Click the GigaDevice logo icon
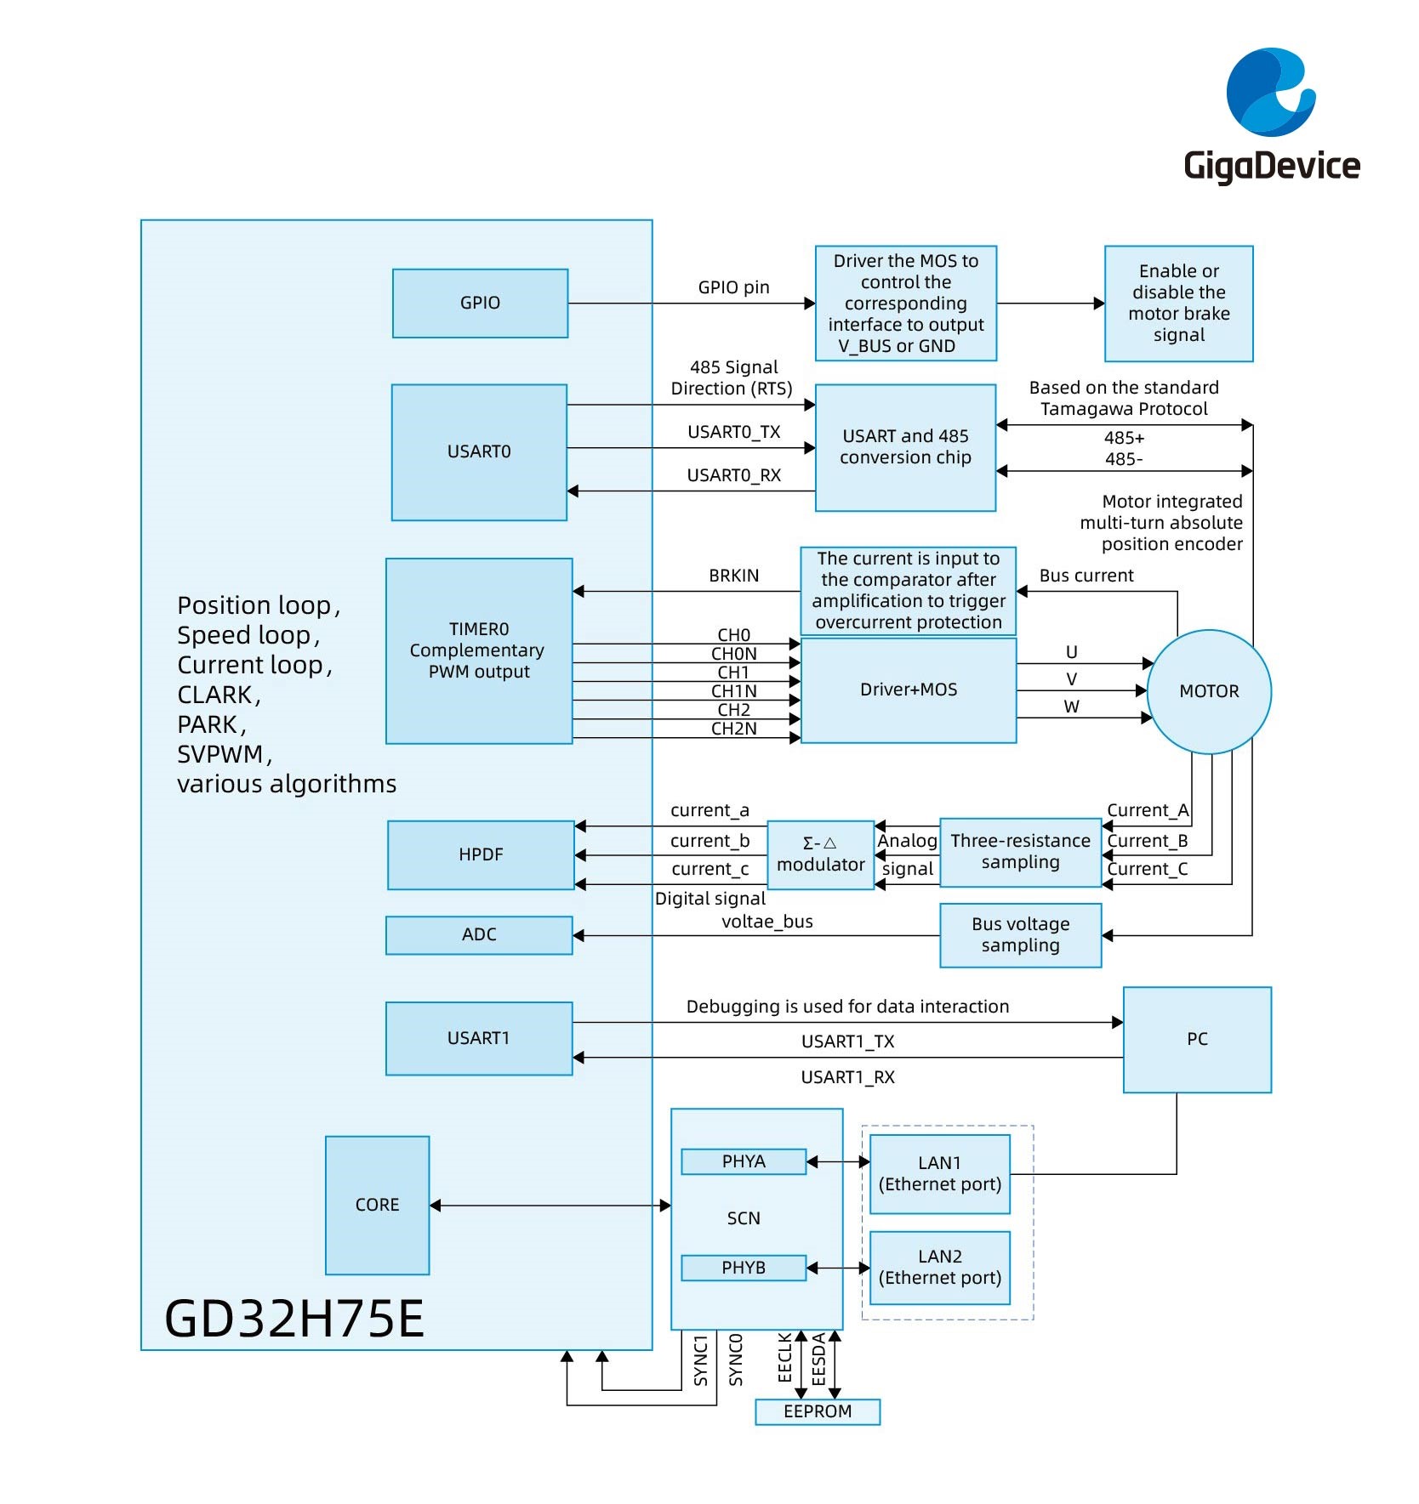1270,92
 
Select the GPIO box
480,304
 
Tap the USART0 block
479,451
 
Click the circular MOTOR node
1209,691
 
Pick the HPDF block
481,854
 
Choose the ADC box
479,934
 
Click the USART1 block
479,1038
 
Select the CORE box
377,1205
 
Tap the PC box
1197,1039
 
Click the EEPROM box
818,1411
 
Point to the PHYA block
744,1161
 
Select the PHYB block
744,1268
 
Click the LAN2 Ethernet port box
940,1267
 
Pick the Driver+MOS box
909,690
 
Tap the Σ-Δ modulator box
820,854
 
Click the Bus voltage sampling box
1020,934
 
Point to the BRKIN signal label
733,576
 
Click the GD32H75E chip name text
294,1319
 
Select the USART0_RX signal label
733,475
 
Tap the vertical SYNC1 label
701,1360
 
